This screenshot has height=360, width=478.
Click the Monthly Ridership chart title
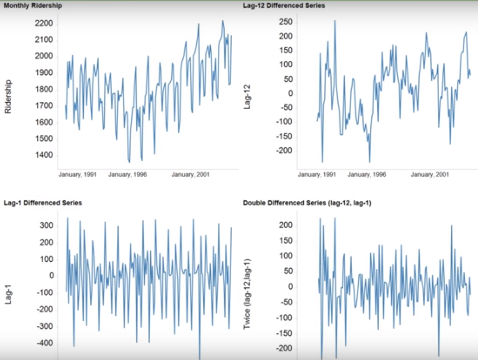[x=33, y=6]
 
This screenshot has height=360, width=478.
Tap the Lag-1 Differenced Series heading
[x=43, y=202]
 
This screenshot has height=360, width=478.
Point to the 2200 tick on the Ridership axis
[x=45, y=24]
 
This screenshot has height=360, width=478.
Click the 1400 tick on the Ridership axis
[x=45, y=156]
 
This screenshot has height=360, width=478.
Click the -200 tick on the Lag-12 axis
[x=284, y=151]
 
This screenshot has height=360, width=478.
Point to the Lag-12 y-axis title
[x=248, y=99]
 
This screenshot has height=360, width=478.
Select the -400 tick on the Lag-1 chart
[x=45, y=344]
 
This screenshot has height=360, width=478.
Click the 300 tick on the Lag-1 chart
[x=46, y=226]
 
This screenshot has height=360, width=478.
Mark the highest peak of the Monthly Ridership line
[x=223, y=21]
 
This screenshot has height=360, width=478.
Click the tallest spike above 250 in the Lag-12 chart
[x=335, y=21]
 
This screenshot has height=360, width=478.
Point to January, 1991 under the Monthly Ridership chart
[x=77, y=175]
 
